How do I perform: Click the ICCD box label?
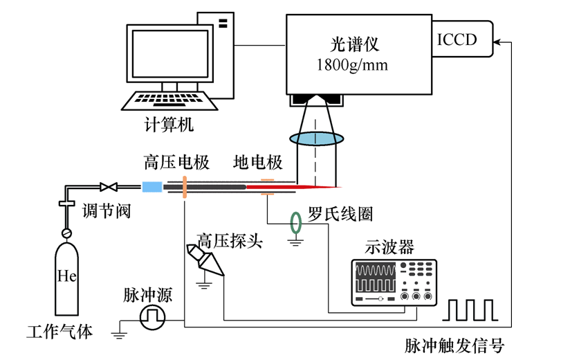click(x=457, y=39)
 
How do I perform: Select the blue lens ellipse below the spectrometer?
click(x=316, y=138)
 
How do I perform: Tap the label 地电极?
click(x=258, y=163)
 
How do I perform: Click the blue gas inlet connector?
click(x=151, y=187)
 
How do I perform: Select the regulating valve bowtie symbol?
click(x=107, y=187)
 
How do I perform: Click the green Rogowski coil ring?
click(x=296, y=222)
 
